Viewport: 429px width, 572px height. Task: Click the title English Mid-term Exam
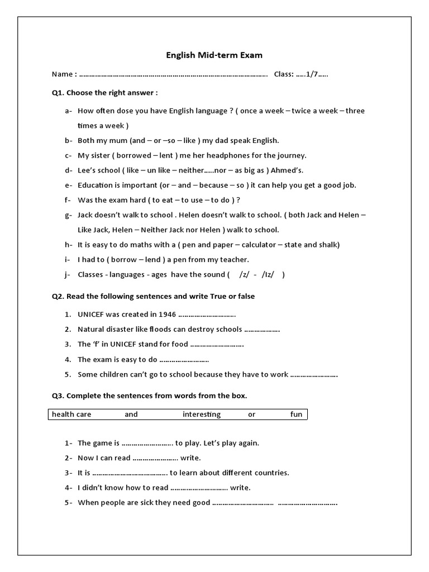(214, 55)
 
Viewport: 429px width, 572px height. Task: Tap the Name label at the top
(61, 74)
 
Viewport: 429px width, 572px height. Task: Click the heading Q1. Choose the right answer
(105, 92)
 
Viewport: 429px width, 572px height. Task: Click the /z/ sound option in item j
(244, 274)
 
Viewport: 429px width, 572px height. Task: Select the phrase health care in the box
(71, 414)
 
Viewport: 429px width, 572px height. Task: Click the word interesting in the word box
(202, 414)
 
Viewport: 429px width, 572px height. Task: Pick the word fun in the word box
(295, 414)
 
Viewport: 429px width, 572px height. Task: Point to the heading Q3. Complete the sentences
(149, 395)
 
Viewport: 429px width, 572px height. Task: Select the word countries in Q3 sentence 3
(272, 473)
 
